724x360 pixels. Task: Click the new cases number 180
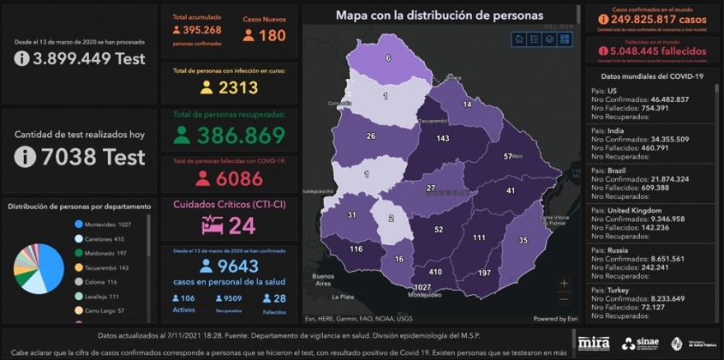pyautogui.click(x=272, y=35)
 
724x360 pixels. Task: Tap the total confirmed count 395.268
pyautogui.click(x=202, y=30)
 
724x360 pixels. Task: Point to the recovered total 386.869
pyautogui.click(x=241, y=135)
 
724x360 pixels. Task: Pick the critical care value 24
pyautogui.click(x=242, y=225)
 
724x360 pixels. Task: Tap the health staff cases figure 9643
pyautogui.click(x=239, y=267)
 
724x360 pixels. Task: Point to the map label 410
pyautogui.click(x=434, y=272)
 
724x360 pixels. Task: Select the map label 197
pyautogui.click(x=484, y=272)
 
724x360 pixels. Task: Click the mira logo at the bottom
pyautogui.click(x=593, y=344)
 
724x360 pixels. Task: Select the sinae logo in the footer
pyautogui.click(x=641, y=344)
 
